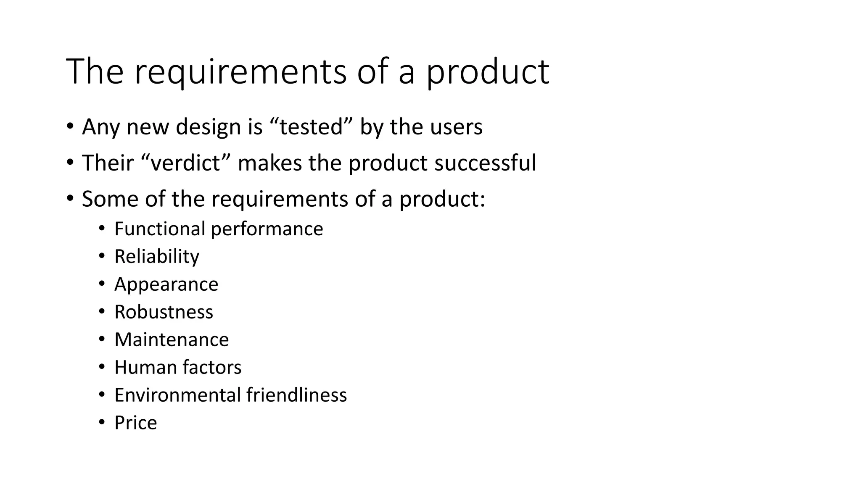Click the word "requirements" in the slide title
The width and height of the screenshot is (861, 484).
click(x=240, y=72)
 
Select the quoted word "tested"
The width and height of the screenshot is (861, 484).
click(x=311, y=126)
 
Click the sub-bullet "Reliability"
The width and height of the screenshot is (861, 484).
click(x=157, y=257)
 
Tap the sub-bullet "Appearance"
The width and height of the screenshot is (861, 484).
click(x=166, y=284)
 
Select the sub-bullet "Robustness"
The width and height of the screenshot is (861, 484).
click(x=164, y=312)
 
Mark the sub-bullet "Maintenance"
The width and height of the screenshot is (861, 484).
click(x=172, y=340)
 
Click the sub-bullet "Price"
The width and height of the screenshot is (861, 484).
click(x=135, y=423)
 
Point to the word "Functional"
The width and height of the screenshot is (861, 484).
click(x=159, y=229)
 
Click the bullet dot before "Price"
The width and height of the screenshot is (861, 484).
click(x=102, y=422)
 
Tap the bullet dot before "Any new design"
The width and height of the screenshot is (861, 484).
click(x=69, y=126)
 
